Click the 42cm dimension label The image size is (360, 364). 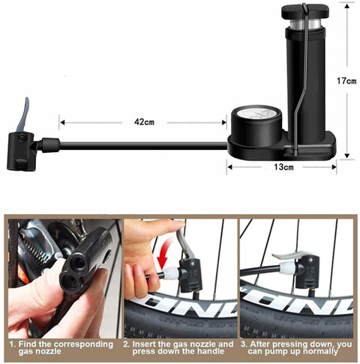pyautogui.click(x=145, y=121)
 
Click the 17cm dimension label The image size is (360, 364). pyautogui.click(x=346, y=81)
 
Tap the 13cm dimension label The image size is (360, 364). pyautogui.click(x=283, y=166)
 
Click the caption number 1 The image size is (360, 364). pyautogui.click(x=11, y=344)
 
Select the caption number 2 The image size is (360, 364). pyautogui.click(x=127, y=344)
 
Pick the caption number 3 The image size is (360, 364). pyautogui.click(x=244, y=344)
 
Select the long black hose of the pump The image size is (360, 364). pyautogui.click(x=127, y=142)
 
